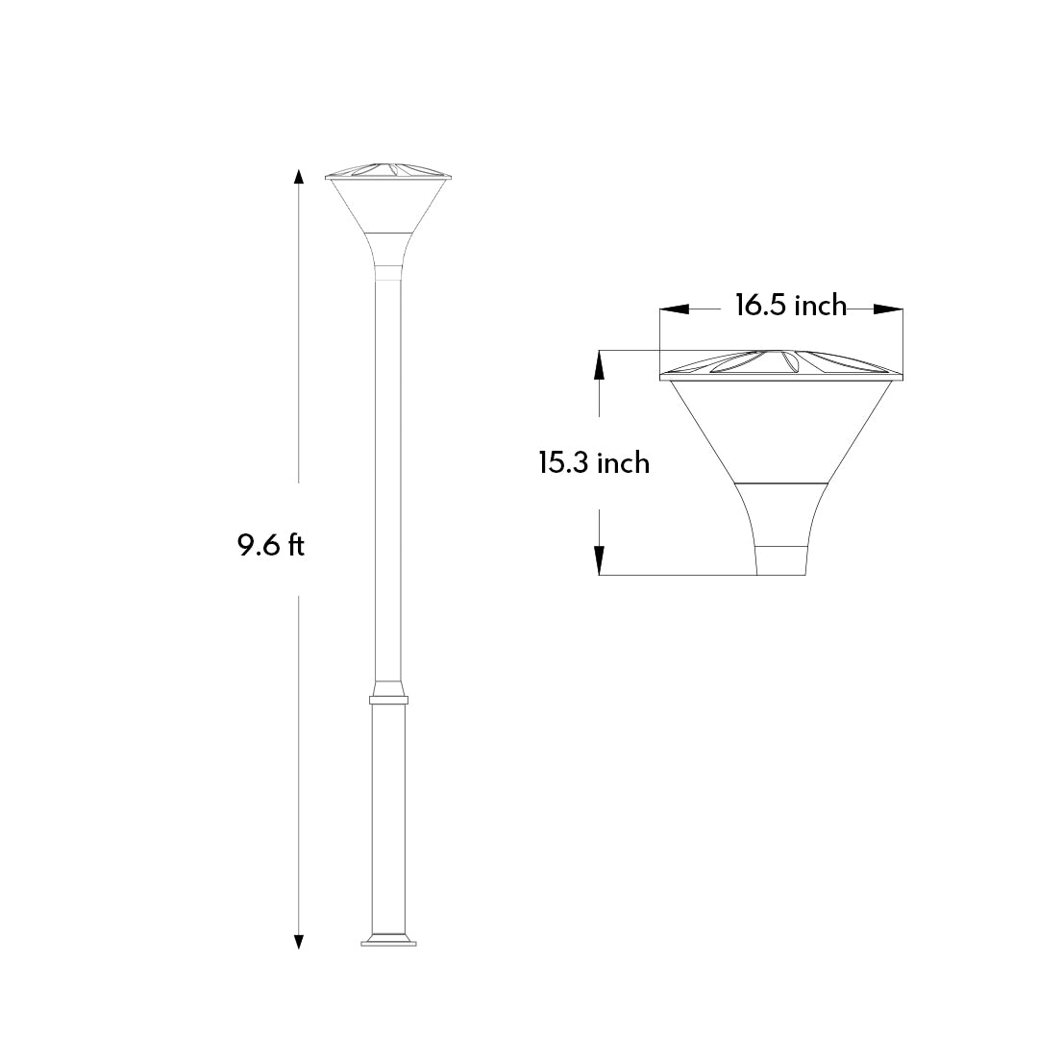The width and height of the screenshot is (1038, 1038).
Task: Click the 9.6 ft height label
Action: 271,546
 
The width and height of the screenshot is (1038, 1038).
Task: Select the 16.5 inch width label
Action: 790,306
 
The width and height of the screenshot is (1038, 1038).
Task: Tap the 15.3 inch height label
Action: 593,463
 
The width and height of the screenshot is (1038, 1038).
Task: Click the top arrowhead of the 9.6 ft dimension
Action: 299,177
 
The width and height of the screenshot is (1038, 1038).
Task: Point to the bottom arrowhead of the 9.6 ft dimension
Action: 299,941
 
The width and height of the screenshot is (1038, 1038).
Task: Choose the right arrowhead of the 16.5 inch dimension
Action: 888,309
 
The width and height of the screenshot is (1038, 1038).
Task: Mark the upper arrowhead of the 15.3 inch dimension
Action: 599,362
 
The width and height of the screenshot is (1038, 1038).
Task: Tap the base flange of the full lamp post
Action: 388,940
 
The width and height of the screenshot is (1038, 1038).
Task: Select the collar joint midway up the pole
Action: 388,694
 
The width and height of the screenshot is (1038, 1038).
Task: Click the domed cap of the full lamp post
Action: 388,168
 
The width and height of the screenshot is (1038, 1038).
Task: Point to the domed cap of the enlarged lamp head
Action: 780,362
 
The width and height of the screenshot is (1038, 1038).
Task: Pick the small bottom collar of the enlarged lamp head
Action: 779,560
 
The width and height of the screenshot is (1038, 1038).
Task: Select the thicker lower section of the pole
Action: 388,817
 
